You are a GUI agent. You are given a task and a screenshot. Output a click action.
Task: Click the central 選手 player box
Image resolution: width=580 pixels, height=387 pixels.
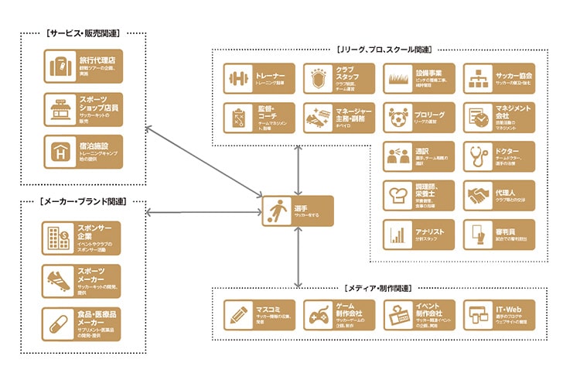tap(297, 211)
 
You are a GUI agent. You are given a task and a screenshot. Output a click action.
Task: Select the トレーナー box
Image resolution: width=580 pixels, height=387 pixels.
tap(259, 78)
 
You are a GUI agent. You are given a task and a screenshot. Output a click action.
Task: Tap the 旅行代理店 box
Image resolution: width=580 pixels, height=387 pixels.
tap(82, 66)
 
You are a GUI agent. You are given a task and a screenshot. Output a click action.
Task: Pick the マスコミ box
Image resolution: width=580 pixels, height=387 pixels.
tap(259, 316)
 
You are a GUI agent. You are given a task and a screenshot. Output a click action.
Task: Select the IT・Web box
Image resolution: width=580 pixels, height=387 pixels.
tap(499, 316)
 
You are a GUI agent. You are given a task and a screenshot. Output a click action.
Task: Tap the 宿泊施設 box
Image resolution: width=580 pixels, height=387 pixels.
tap(82, 151)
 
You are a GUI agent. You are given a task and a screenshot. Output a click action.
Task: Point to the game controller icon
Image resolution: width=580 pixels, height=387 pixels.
tap(318, 317)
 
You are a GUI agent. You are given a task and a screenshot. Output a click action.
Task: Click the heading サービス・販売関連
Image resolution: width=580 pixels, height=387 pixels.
tap(82, 33)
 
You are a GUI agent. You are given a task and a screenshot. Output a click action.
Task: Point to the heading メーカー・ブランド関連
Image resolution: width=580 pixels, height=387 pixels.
tap(81, 201)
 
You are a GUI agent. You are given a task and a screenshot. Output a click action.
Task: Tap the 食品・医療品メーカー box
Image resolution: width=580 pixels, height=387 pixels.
tap(82, 324)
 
